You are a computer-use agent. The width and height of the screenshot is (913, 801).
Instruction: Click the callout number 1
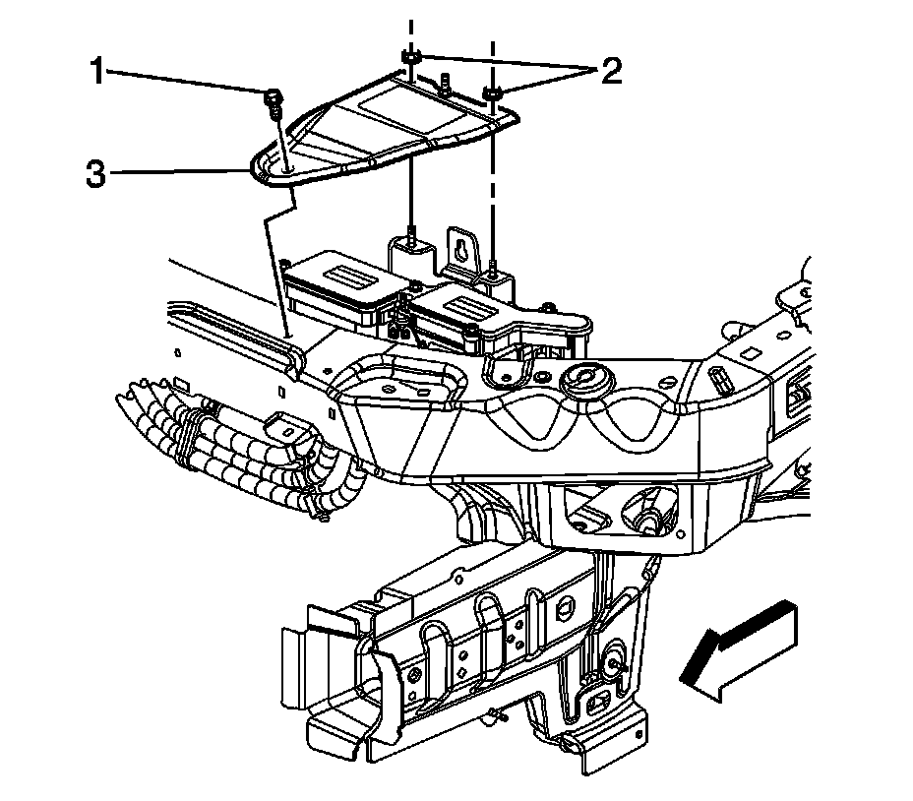96,71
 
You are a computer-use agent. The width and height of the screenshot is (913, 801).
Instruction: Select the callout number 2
611,71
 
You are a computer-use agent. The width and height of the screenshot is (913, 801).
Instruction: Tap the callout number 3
95,174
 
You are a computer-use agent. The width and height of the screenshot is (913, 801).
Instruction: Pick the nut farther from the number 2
409,62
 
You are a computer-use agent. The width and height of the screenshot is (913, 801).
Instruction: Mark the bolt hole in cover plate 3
284,169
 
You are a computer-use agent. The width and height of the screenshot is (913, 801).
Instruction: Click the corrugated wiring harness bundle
226,443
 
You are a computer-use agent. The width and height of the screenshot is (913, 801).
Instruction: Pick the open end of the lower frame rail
335,679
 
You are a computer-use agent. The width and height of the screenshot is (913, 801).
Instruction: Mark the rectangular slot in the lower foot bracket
594,705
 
